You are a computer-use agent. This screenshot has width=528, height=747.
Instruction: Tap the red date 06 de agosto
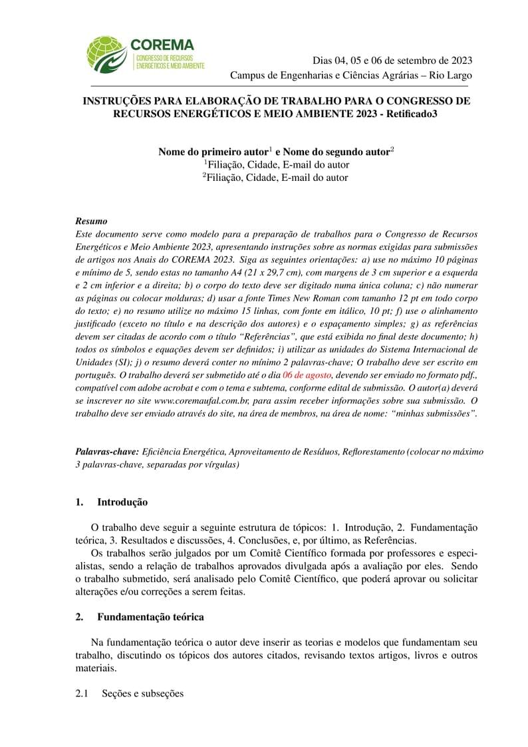(x=307, y=375)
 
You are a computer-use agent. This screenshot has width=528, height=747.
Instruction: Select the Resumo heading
(x=91, y=221)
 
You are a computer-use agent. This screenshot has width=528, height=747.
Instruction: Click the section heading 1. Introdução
(x=112, y=502)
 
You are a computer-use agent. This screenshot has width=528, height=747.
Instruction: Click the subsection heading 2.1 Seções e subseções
(x=129, y=693)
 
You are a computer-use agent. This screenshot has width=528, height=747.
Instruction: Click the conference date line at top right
(x=392, y=60)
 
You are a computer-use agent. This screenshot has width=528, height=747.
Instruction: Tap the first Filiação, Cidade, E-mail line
(x=276, y=165)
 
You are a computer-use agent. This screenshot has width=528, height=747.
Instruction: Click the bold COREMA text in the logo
(x=162, y=45)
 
